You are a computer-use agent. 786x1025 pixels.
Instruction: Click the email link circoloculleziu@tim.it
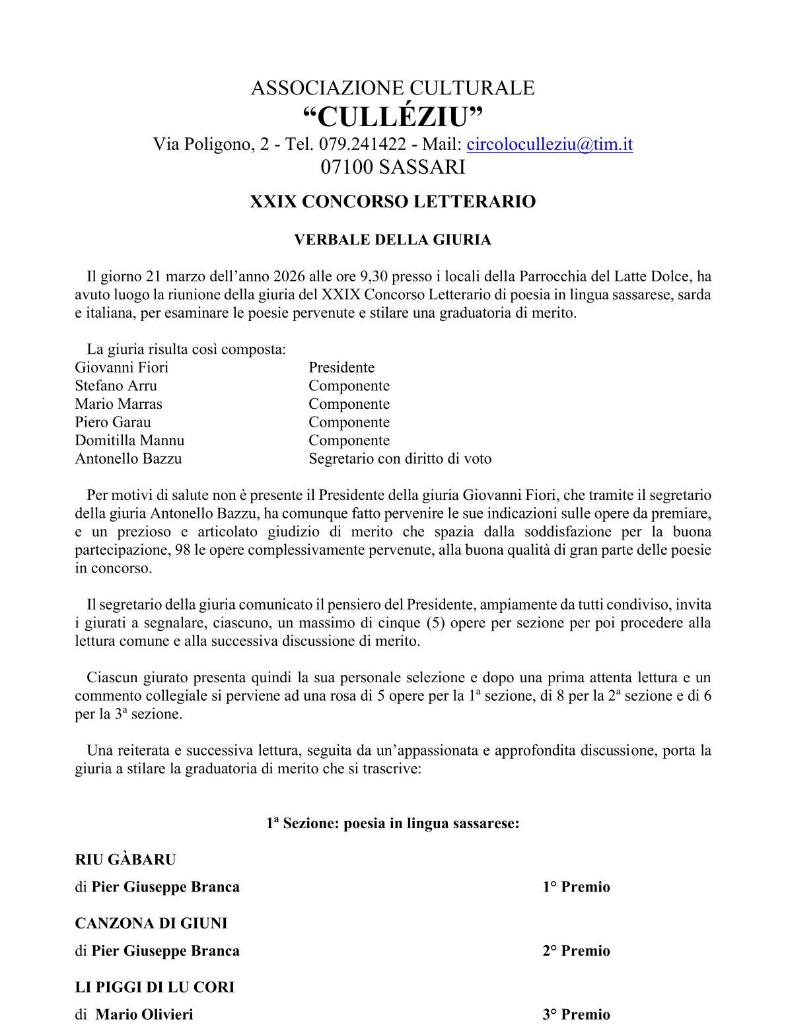pos(550,144)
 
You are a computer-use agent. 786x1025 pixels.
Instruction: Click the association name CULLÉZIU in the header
pos(393,118)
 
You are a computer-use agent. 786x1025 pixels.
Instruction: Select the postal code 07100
pos(347,167)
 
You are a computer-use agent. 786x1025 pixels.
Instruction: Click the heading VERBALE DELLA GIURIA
pos(392,240)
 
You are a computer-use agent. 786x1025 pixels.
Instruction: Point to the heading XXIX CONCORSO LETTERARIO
pos(392,201)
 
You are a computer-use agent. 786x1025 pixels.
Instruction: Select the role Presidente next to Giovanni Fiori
pos(341,367)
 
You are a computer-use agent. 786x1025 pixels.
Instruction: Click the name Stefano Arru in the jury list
pos(116,386)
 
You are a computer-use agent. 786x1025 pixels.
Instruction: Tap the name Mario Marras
pos(118,404)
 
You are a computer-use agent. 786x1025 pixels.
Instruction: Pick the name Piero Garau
pos(113,422)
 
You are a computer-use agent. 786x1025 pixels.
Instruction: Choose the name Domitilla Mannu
pos(129,441)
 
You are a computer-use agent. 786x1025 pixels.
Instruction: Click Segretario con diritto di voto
pos(400,458)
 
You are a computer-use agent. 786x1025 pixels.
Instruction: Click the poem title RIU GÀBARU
pos(125,859)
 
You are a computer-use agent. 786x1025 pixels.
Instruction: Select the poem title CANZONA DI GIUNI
pos(151,923)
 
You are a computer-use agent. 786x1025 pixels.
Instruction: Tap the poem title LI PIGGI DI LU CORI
pos(155,987)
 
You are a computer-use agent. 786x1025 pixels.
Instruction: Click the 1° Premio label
pos(576,887)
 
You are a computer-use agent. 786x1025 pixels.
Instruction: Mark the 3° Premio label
pos(576,1014)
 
